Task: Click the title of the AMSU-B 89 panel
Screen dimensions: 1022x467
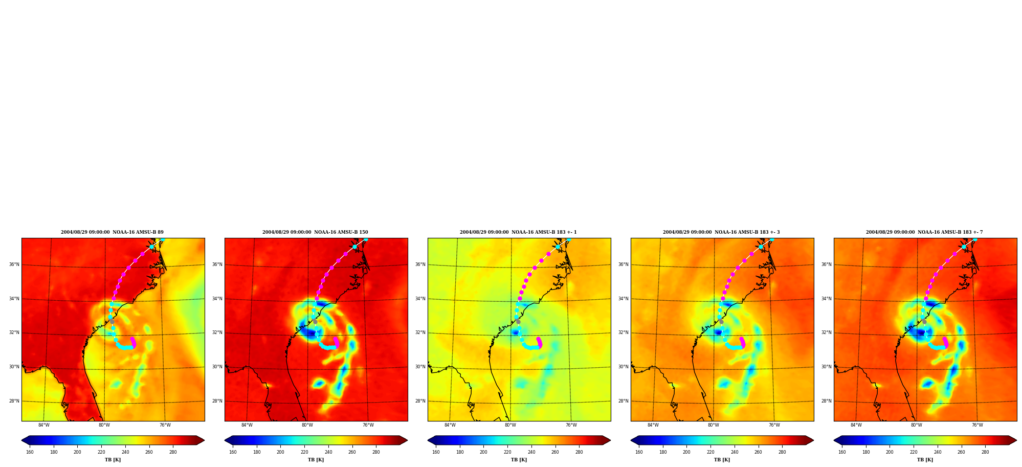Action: [112, 232]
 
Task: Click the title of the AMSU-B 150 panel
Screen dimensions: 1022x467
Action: [315, 232]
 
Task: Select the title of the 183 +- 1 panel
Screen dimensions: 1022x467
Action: [518, 232]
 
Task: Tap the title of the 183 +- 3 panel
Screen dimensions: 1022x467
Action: [721, 232]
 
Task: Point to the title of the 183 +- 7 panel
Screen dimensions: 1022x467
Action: [924, 232]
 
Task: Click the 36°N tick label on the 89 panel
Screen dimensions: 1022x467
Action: [14, 264]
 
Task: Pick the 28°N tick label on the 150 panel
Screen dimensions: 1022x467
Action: [217, 401]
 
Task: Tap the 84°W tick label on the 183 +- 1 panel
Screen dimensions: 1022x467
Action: [450, 425]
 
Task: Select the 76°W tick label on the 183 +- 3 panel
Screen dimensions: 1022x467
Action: [774, 425]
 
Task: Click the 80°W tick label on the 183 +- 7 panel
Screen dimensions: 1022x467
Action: [917, 425]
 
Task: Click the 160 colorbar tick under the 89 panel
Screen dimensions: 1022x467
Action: [30, 452]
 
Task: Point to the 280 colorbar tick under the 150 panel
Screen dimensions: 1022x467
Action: [376, 452]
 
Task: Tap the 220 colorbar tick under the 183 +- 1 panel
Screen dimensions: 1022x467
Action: [507, 452]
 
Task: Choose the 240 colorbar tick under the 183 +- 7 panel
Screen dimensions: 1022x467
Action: [938, 452]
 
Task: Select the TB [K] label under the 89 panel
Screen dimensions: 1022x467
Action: [113, 460]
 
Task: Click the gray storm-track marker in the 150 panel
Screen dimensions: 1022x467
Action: [315, 322]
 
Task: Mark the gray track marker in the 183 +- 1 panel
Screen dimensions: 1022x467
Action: [518, 322]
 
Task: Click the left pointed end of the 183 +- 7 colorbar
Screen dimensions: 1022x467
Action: [834, 440]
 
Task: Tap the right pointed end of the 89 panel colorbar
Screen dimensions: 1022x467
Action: [204, 440]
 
